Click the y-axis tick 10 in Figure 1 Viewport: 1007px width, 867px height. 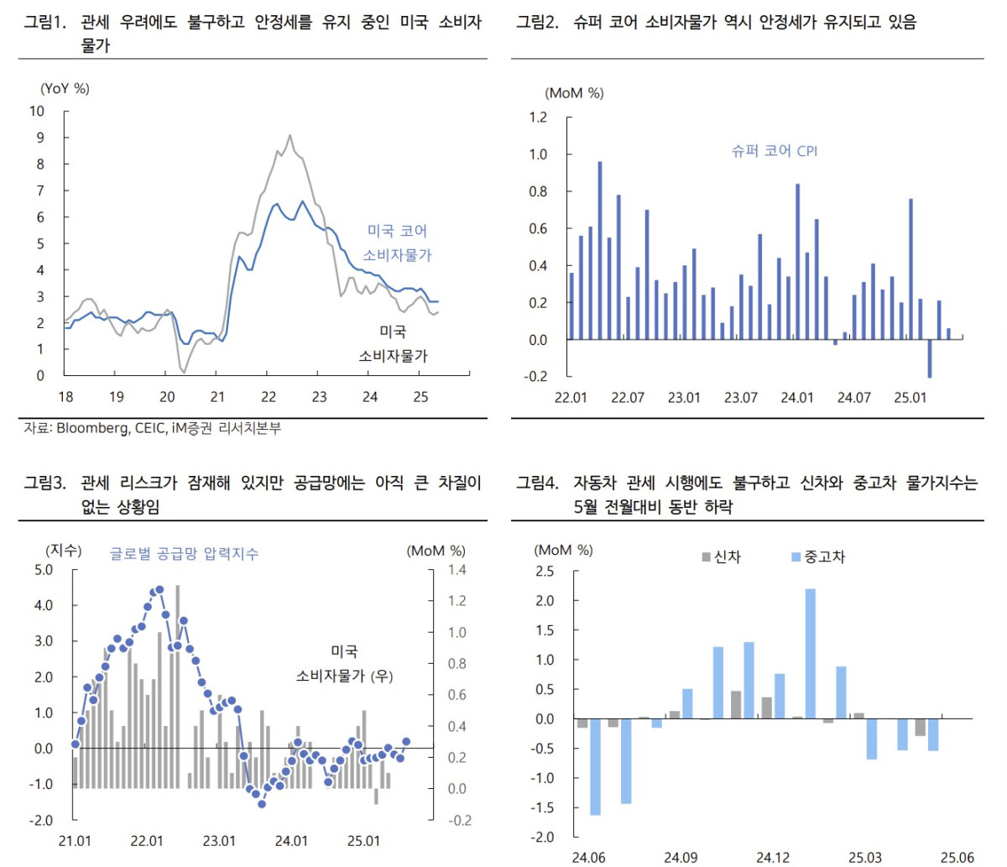[37, 112]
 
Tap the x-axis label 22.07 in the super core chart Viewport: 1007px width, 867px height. [628, 397]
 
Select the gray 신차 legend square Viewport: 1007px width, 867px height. [707, 557]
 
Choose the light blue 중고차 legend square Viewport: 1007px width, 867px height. [796, 557]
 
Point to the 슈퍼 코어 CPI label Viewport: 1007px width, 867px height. [774, 151]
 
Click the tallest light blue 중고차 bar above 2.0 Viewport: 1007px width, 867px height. [810, 653]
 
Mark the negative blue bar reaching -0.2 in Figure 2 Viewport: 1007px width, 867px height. [930, 358]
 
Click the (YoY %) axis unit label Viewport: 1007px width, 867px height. [65, 88]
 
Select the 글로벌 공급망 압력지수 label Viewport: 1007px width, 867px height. [184, 554]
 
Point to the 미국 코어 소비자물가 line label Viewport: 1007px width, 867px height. [397, 243]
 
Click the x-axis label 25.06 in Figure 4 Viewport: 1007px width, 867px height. [957, 857]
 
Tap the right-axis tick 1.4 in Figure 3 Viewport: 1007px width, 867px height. [457, 570]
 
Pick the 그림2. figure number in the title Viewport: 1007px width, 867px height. [537, 23]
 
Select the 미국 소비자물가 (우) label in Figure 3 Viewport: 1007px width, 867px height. [344, 664]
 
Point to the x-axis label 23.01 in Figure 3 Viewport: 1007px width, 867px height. [219, 841]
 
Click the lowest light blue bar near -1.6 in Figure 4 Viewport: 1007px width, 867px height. [595, 767]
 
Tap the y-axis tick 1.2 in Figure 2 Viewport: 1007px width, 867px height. [537, 118]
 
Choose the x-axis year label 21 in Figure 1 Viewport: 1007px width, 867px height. [217, 397]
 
